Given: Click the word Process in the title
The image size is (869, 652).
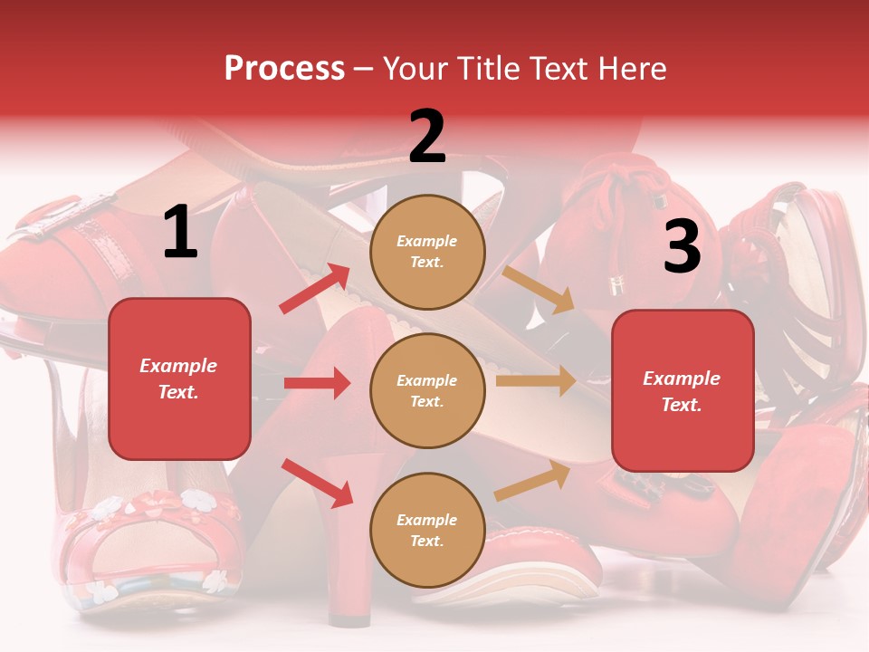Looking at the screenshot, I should tap(284, 69).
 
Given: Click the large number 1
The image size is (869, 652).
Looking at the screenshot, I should tap(179, 233).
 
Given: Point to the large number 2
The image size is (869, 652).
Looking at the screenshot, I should tap(427, 137).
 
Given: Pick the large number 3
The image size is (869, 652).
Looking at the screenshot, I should tap(682, 247).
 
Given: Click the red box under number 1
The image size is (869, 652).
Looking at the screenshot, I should tap(179, 379).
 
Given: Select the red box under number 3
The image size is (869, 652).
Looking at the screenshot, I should tap(683, 391).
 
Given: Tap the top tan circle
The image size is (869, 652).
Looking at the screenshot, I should tap(427, 252).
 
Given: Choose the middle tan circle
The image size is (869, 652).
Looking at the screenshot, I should tap(427, 390).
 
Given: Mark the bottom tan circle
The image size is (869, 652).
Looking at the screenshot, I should tap(427, 530).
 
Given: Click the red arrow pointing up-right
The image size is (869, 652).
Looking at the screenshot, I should tap(315, 289).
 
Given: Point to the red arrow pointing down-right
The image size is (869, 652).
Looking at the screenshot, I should tap(317, 483).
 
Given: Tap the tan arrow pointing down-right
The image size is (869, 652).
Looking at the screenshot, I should tap(539, 290).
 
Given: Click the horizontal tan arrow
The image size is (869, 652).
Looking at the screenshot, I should tap(536, 380).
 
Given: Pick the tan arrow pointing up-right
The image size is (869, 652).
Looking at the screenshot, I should tap(532, 482).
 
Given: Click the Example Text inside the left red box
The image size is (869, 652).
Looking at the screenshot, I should tap(178, 379).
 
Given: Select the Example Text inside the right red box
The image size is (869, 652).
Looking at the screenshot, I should tap(682, 391).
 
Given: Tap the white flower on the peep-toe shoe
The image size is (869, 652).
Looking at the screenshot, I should tap(196, 499).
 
